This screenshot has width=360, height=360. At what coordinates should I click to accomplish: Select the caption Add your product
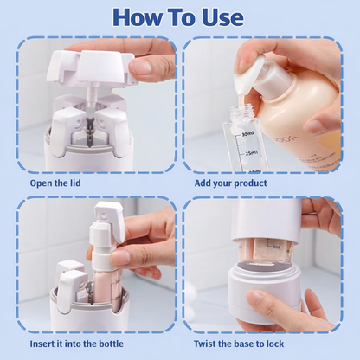[231, 183]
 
